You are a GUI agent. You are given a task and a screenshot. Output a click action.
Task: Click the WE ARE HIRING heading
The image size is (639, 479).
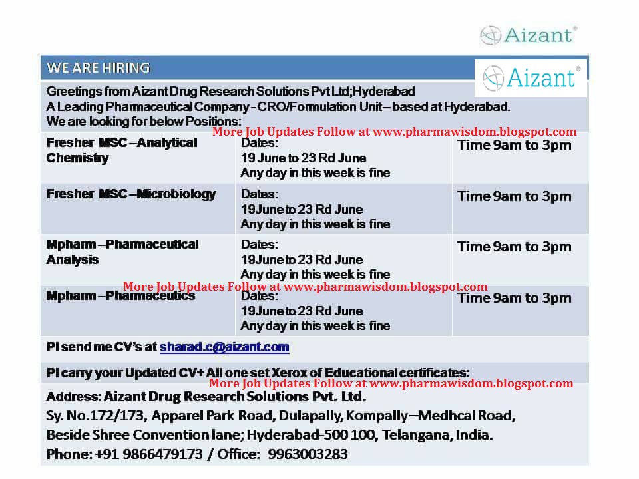[x=98, y=68]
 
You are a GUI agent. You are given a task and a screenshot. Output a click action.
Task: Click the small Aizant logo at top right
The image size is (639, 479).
[x=529, y=34]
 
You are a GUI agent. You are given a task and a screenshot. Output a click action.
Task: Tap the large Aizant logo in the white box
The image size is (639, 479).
[x=531, y=77]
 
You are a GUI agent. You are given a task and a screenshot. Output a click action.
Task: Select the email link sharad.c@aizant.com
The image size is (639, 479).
[x=224, y=347]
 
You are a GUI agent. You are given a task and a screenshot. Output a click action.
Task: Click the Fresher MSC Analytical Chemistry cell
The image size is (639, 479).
[x=122, y=150]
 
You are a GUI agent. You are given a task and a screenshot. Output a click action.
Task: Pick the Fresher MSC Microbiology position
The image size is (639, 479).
[x=131, y=194]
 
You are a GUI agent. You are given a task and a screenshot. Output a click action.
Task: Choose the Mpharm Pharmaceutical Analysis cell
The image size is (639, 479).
[x=122, y=252]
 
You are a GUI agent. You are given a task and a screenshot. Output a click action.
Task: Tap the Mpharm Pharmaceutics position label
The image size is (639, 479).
[x=120, y=296]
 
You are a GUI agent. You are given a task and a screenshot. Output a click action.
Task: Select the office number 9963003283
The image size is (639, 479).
[x=308, y=455]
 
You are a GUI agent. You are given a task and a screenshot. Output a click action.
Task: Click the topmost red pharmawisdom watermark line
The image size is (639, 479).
[x=394, y=132]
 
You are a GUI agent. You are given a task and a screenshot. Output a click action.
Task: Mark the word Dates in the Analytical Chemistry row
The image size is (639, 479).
[x=260, y=143]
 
